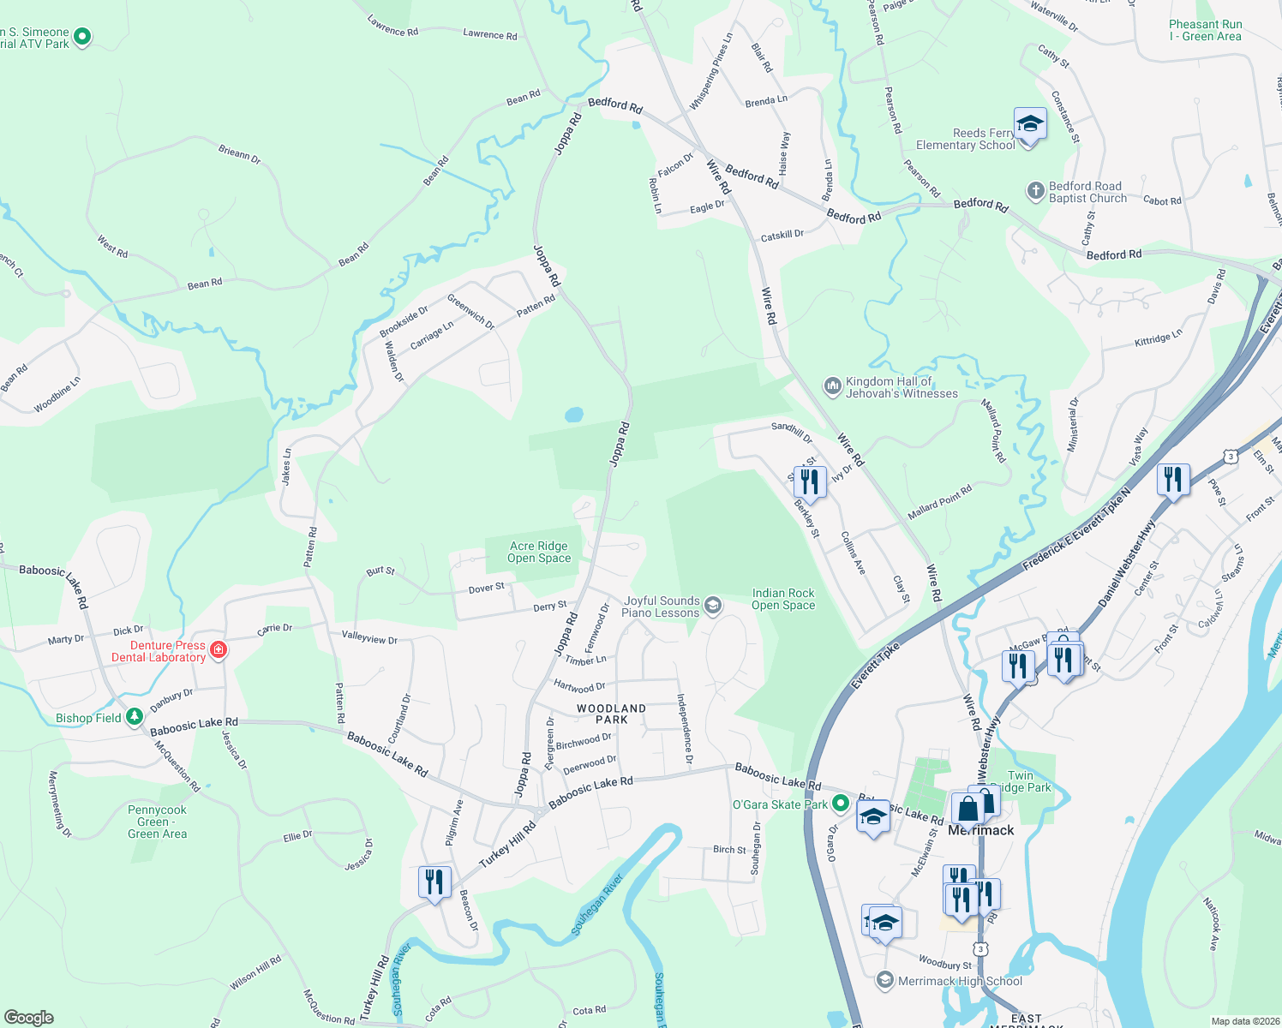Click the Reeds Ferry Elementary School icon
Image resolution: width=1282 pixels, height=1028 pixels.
[1029, 124]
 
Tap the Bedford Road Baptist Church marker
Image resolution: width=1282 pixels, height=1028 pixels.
[1035, 190]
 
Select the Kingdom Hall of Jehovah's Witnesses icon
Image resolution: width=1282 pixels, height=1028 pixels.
[832, 386]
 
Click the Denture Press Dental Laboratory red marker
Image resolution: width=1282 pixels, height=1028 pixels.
[219, 650]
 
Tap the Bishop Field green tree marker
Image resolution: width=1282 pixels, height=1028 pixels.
[135, 716]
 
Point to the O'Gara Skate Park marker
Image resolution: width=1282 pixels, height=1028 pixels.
[841, 804]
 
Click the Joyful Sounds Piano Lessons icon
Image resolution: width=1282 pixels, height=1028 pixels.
[712, 607]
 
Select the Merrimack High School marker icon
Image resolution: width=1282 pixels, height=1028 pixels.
[885, 980]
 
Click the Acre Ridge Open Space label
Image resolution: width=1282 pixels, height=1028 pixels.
[538, 552]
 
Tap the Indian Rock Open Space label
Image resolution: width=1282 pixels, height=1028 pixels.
[782, 599]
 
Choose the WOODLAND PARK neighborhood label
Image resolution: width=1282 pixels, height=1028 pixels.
[611, 714]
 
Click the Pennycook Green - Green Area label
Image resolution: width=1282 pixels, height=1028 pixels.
[157, 822]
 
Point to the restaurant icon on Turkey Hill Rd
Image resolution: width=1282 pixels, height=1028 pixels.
[434, 882]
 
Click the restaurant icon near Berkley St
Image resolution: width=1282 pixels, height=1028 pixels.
[810, 482]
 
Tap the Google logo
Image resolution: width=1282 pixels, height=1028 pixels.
[28, 1017]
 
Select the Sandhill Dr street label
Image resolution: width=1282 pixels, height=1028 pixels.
[791, 432]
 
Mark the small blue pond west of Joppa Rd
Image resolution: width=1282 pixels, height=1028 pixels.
[573, 415]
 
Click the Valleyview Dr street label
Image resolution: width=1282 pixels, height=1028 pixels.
[369, 637]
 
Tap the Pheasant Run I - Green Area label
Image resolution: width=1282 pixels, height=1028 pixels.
[1205, 30]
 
